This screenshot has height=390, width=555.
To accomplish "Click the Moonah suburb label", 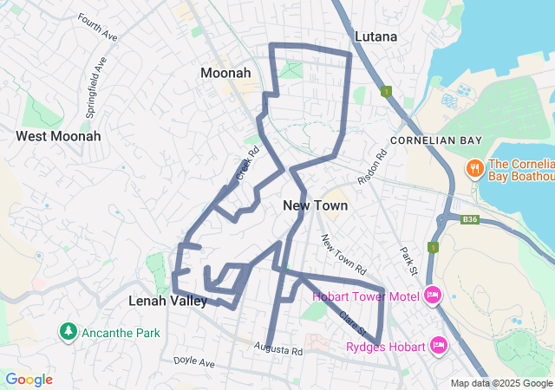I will tap(225, 74).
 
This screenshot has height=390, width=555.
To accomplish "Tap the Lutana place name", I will tap(376, 37).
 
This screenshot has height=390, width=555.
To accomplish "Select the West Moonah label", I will tap(58, 136).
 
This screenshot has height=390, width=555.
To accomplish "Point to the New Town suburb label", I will tap(316, 205).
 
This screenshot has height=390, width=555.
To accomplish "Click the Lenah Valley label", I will tap(167, 301).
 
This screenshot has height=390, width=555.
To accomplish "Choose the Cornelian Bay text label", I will tap(430, 140).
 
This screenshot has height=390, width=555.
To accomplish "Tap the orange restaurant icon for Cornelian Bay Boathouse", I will tap(474, 167).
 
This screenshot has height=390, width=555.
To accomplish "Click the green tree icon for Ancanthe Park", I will tap(69, 331).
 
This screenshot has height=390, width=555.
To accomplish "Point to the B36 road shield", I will tap(470, 220).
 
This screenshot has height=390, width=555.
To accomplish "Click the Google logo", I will tap(29, 380).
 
